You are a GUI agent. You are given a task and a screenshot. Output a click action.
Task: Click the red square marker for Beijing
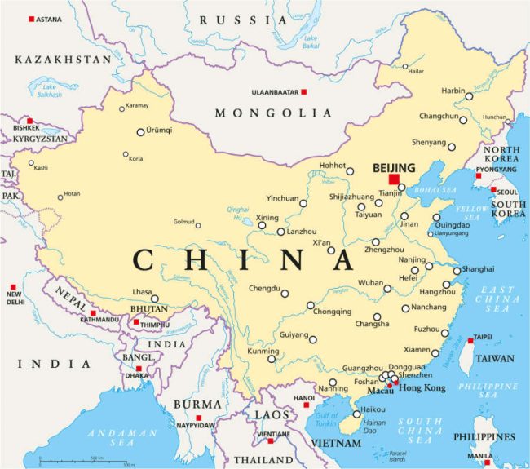395,179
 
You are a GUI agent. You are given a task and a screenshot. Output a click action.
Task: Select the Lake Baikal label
310,40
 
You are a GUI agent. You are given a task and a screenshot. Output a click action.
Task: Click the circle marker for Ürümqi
140,131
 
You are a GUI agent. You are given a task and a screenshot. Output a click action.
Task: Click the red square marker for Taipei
470,338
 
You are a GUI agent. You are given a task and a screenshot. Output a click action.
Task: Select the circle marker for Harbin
469,96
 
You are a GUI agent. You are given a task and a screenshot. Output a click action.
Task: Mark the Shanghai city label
478,268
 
